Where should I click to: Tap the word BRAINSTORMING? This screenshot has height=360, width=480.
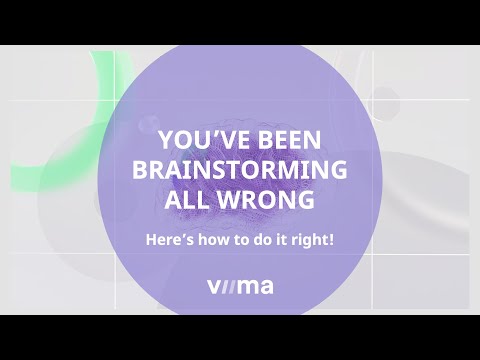[x=240, y=169]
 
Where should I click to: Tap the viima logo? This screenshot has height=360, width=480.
[x=240, y=288]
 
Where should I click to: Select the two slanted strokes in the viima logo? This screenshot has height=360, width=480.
[x=227, y=288]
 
